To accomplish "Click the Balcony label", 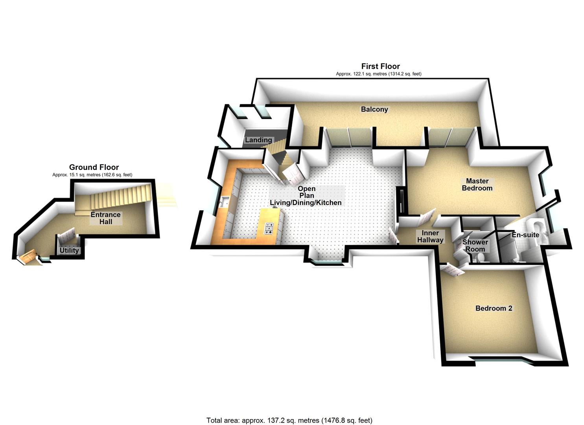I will click(x=374, y=109).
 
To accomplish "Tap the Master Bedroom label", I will click(x=477, y=185).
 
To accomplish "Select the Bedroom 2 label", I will click(x=494, y=308).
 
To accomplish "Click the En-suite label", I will click(x=525, y=235).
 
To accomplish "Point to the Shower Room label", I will click(x=475, y=246).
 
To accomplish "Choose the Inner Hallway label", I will click(x=430, y=237).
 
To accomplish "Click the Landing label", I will click(x=258, y=140).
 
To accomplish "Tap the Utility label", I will click(x=69, y=250).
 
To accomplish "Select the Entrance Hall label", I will click(x=105, y=218).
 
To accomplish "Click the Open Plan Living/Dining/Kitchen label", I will click(x=306, y=196).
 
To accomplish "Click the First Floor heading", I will click(x=380, y=66).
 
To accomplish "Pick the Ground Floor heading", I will click(x=94, y=167).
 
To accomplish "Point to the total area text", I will click(x=289, y=420).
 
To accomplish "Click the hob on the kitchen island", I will click(x=269, y=229).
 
